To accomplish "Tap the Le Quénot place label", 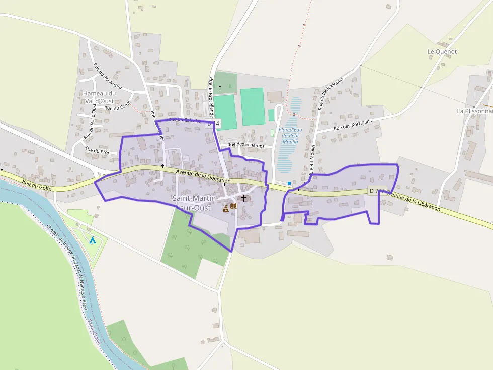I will [442, 52].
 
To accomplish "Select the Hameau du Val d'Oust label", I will [99, 97].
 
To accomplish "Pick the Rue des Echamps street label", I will [245, 145].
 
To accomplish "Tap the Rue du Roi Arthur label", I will [108, 77].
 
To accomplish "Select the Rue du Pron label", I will [98, 150].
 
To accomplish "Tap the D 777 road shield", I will [377, 191].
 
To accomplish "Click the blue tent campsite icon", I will [92, 240].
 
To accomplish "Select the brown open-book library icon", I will [234, 206].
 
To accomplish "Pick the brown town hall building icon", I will [226, 208].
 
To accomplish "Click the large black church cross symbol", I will [244, 198].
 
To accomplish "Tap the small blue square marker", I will [289, 183].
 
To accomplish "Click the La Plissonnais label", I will [474, 111].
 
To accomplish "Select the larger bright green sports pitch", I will [252, 106].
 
